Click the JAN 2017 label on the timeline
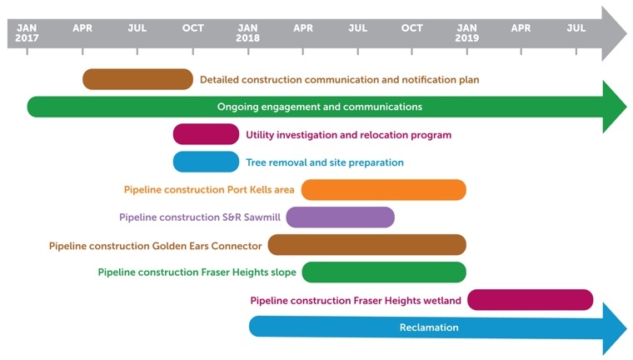27,33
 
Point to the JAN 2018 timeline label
247,33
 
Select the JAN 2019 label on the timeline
466,33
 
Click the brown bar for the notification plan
137,79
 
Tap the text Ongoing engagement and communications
320,107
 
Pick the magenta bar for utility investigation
206,134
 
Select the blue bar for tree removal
206,162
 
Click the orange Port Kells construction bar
383,190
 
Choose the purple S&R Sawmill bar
341,217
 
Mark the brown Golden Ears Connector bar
367,245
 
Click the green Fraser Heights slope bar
384,272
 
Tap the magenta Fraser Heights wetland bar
530,300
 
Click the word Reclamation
429,327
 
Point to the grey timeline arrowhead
614,33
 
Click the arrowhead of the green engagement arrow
615,107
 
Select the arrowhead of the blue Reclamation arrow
615,328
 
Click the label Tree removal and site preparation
325,162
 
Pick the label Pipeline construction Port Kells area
209,190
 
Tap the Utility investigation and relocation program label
349,135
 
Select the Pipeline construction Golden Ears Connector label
156,246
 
